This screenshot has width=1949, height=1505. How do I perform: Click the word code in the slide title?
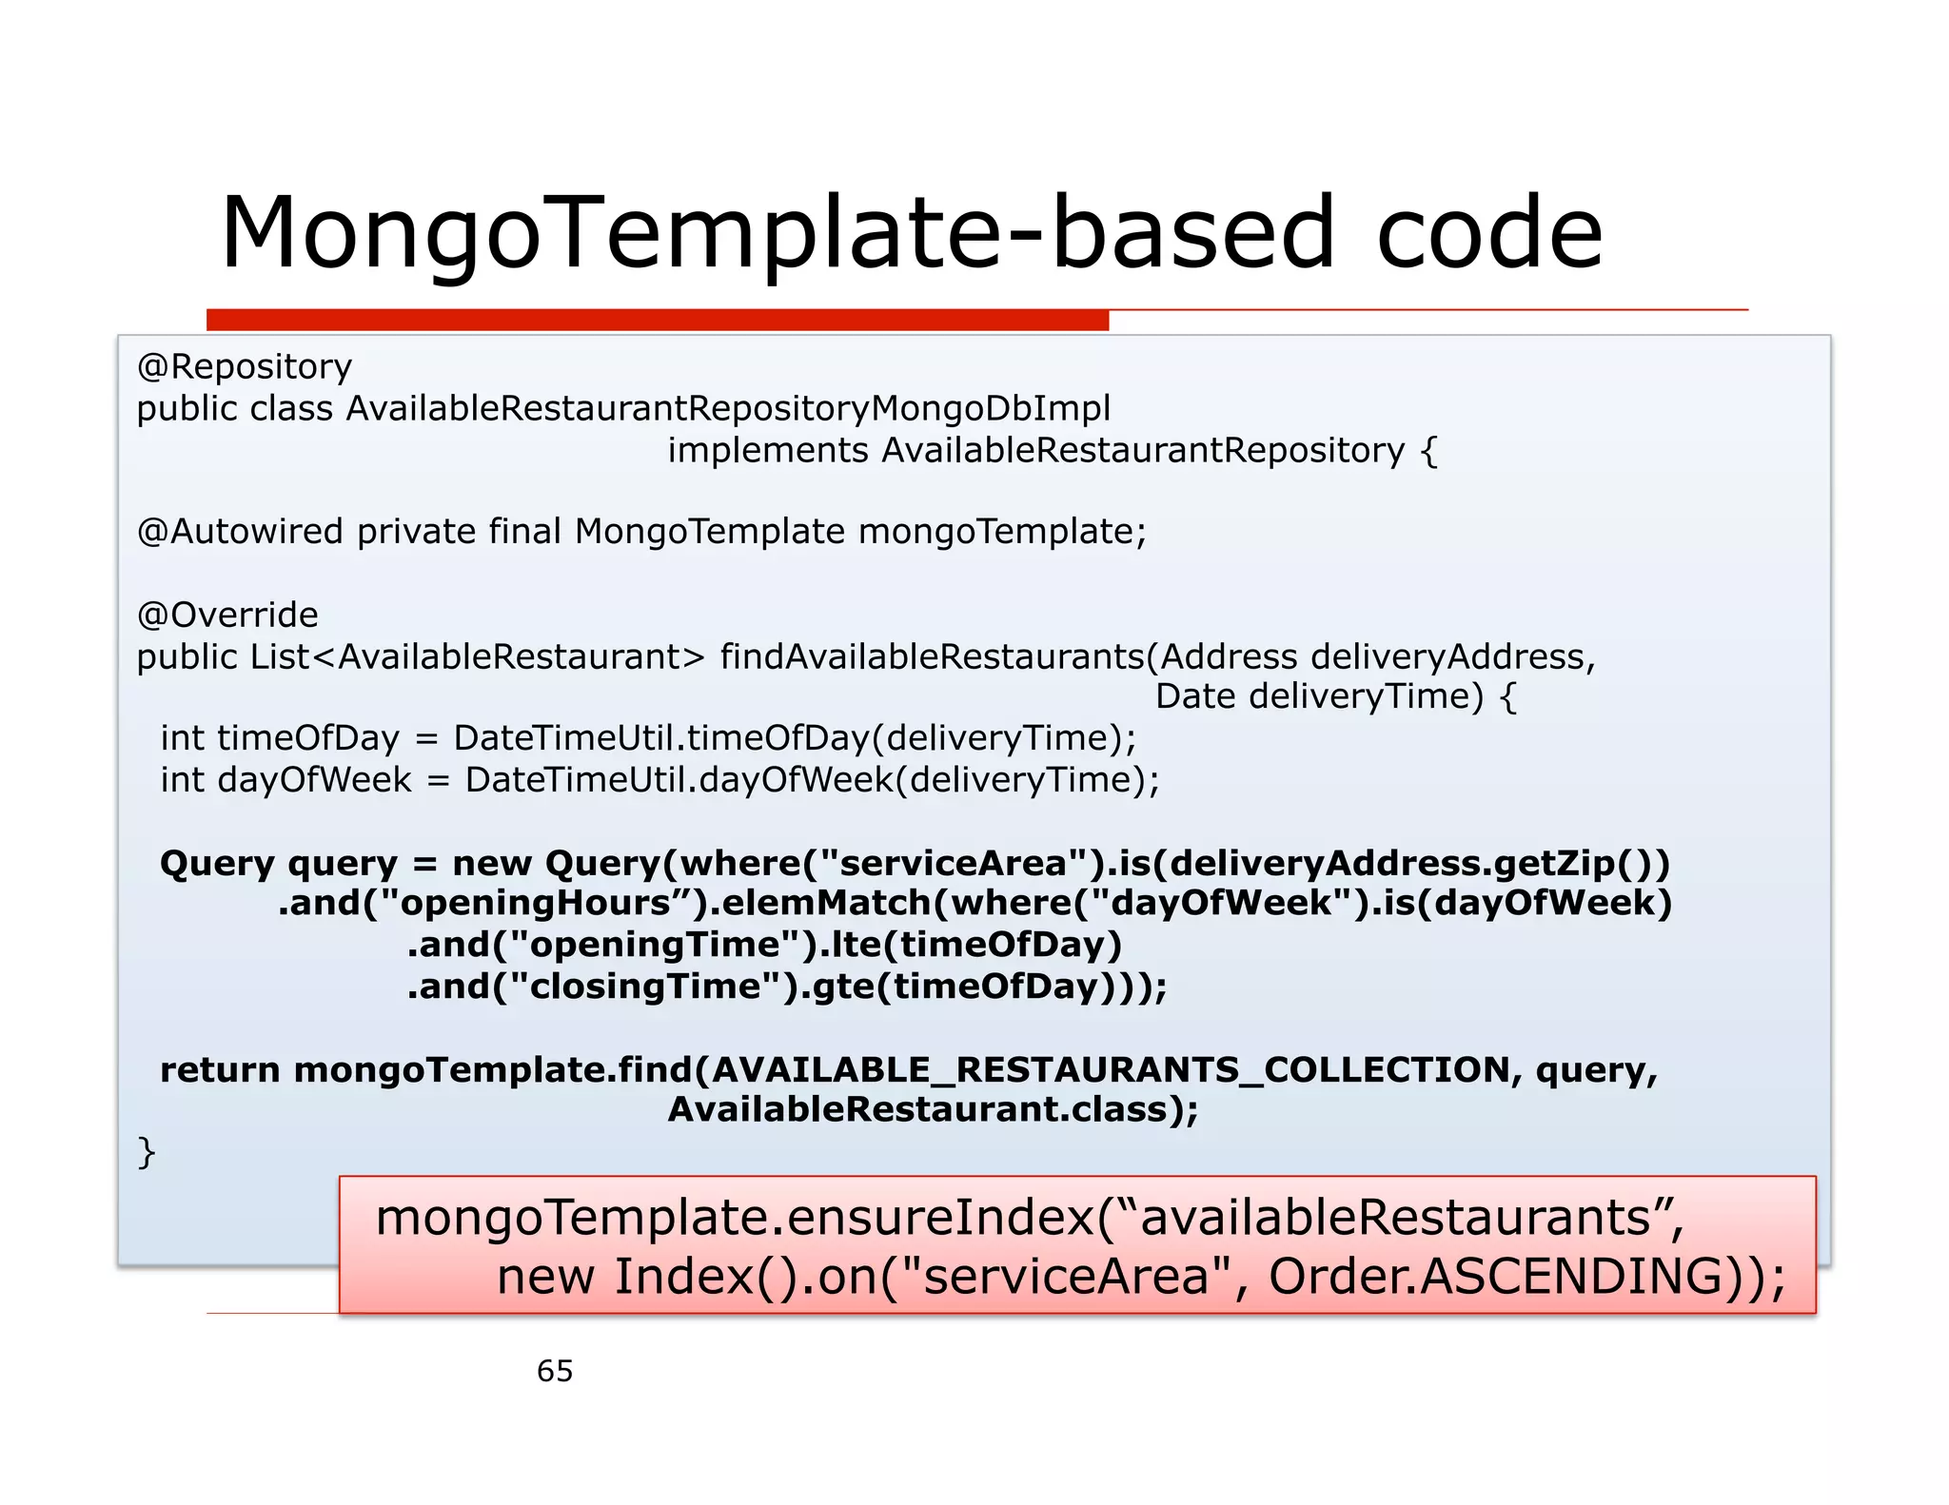coord(1489,234)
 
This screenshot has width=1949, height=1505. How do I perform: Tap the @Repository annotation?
coord(245,367)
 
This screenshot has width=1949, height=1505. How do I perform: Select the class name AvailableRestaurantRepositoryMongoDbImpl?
coord(728,409)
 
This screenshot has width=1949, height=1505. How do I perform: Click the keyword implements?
coord(768,451)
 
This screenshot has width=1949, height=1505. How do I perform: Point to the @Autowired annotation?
coord(240,532)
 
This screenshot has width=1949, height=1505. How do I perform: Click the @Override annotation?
coord(227,616)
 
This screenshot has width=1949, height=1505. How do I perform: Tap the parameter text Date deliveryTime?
coord(1319,697)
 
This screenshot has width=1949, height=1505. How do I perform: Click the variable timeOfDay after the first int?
coord(308,739)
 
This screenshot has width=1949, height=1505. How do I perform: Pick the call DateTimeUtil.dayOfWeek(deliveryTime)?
coord(812,781)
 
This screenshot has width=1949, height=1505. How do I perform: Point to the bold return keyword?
coord(220,1071)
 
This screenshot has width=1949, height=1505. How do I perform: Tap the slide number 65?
coord(555,1372)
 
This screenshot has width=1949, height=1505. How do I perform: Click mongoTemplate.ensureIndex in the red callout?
coord(734,1219)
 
